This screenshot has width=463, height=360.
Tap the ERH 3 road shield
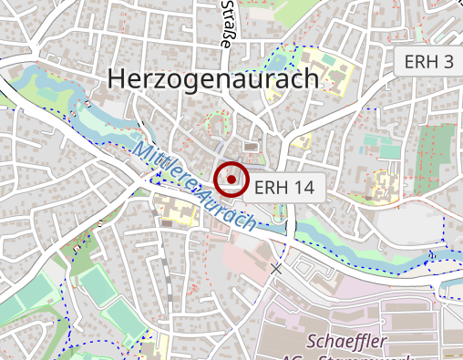[428, 62]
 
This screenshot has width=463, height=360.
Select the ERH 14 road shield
[285, 187]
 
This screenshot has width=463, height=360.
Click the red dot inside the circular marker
[232, 180]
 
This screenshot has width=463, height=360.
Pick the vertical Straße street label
[226, 24]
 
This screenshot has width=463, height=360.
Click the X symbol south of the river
[276, 268]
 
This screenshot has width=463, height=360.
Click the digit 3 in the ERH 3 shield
[448, 62]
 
